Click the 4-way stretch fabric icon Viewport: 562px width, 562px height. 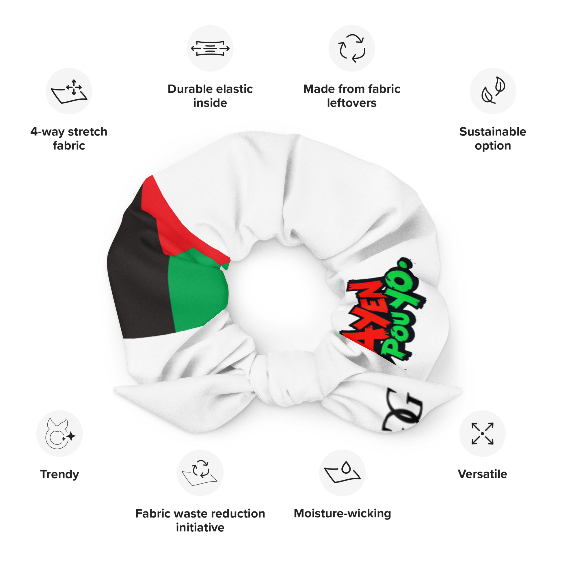69,91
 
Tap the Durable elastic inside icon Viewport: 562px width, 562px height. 210,48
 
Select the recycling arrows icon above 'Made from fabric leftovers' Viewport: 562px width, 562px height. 351,48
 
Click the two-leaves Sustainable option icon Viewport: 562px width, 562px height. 493,91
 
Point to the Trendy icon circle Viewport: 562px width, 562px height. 59,433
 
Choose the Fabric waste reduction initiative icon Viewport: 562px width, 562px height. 200,473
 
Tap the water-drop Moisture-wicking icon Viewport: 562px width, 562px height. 342,473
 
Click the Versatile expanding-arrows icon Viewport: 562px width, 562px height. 482,433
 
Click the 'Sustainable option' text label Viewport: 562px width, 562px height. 493,139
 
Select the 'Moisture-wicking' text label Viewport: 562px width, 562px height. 342,513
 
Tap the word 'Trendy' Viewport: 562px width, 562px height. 59,474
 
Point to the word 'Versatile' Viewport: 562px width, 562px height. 482,474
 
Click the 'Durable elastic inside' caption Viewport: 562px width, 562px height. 210,96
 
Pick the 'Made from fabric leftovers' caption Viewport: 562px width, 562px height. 351,96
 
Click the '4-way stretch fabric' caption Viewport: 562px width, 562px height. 69,139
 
